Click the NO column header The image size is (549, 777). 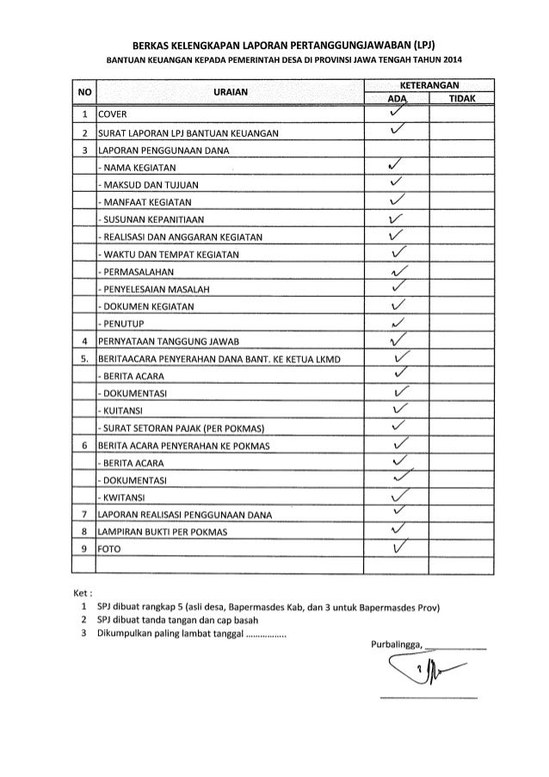click(x=83, y=91)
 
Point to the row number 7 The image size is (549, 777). click(x=83, y=515)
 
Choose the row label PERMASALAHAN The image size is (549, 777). click(x=138, y=271)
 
